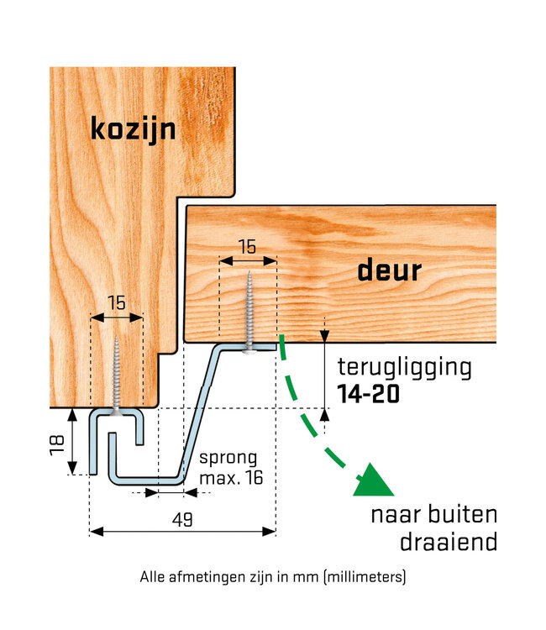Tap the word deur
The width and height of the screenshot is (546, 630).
pyautogui.click(x=389, y=270)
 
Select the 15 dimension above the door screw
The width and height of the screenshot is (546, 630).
pyautogui.click(x=247, y=248)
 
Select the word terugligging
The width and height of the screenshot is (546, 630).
pyautogui.click(x=404, y=367)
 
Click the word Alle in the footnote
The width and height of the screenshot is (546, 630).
pyautogui.click(x=154, y=577)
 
